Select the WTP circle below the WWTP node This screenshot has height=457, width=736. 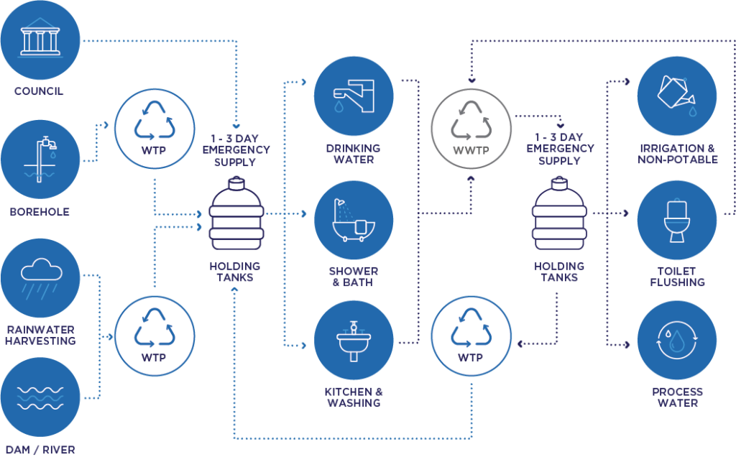[x=470, y=335]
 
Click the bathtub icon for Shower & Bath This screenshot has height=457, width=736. [x=354, y=220]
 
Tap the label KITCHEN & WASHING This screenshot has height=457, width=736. [x=354, y=397]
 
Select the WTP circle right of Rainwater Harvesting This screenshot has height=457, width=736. [x=155, y=335]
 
